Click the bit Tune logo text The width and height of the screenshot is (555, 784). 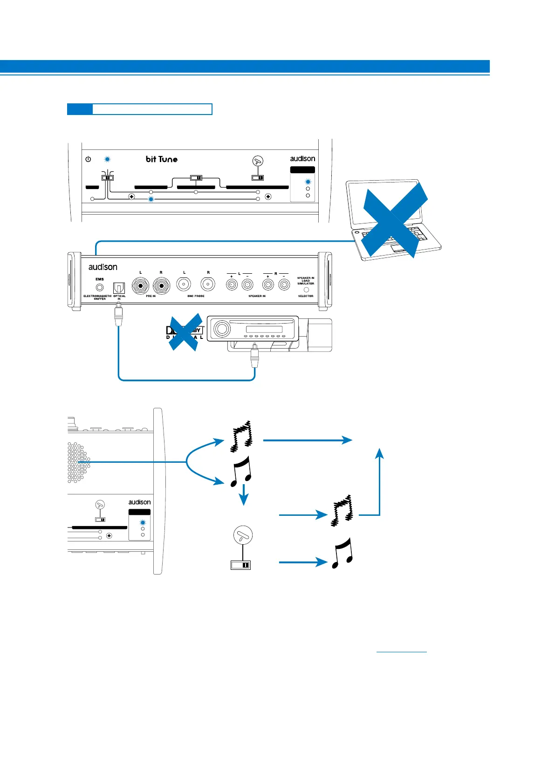coord(162,159)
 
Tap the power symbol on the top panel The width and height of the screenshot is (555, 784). coord(88,159)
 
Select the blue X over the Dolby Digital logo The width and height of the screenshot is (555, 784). coord(185,332)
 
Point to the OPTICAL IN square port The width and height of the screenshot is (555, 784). coord(119,288)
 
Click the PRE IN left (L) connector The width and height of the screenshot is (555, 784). coord(141,286)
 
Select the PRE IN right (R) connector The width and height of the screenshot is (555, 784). coord(161,286)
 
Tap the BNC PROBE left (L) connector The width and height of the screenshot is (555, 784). coord(184,284)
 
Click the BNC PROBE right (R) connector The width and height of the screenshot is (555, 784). coord(208,284)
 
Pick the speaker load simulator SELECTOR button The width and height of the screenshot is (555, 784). coord(306,290)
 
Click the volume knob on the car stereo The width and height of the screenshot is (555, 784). coord(222,329)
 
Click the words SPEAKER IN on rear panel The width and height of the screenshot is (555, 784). coord(257,296)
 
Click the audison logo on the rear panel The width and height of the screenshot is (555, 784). coord(103,267)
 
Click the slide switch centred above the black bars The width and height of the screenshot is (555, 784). coord(196,177)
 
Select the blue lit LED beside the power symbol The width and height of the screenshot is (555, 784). coord(107,159)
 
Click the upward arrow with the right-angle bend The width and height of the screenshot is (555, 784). coord(379,484)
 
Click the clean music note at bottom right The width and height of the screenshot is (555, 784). coord(343,553)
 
